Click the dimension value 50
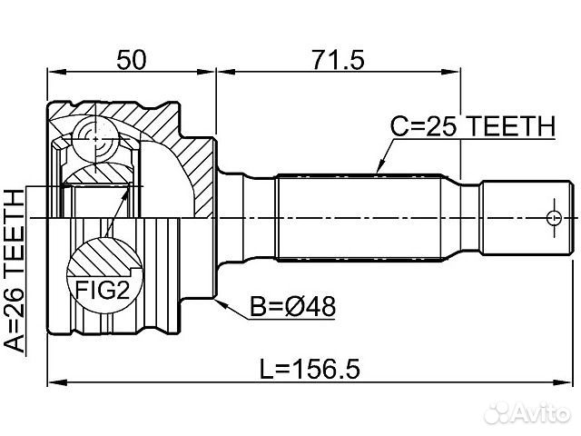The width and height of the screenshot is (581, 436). [x=132, y=60]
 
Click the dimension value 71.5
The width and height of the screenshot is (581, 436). [x=338, y=60]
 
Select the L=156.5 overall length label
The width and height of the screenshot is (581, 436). [x=310, y=369]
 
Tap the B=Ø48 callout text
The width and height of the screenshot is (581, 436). [x=292, y=307]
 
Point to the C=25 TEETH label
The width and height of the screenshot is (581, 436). [x=473, y=126]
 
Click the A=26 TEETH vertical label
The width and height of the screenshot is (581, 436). [x=15, y=271]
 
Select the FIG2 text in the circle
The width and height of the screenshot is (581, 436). [x=103, y=290]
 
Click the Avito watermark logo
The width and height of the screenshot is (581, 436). [x=527, y=411]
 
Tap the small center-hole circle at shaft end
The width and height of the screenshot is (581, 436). [x=554, y=218]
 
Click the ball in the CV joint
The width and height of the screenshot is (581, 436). [x=95, y=139]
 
